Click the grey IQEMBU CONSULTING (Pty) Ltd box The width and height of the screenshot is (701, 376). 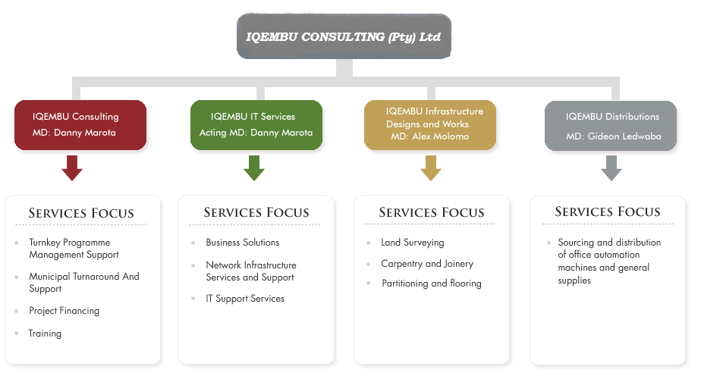click(x=344, y=36)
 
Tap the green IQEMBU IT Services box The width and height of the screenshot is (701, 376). click(x=256, y=125)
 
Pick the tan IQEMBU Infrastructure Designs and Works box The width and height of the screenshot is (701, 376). click(x=429, y=125)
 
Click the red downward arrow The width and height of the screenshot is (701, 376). click(x=72, y=168)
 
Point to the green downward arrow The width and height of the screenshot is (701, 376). click(x=254, y=168)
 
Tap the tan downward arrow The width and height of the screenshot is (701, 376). click(x=430, y=168)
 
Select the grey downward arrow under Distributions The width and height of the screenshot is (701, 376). click(x=611, y=168)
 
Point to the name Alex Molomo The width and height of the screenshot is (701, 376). click(x=441, y=136)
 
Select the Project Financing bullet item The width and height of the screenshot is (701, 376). click(x=64, y=311)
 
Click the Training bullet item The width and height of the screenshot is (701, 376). click(x=45, y=334)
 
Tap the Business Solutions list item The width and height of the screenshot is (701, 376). click(x=242, y=243)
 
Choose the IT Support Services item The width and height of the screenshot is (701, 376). click(x=245, y=299)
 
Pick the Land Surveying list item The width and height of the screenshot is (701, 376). click(x=412, y=243)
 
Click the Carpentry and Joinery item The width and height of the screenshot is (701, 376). click(x=427, y=264)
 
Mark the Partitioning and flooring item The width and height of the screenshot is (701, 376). click(x=431, y=284)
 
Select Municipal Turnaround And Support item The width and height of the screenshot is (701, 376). click(x=83, y=283)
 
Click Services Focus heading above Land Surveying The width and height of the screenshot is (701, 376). click(x=431, y=212)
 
